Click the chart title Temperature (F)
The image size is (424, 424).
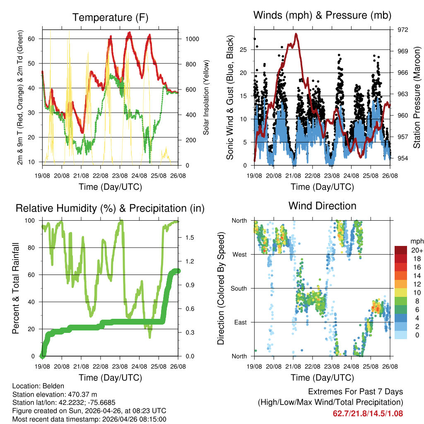tap(110, 18)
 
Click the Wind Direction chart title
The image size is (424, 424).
tap(322, 206)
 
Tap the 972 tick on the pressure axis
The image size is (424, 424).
tap(403, 30)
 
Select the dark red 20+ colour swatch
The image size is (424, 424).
tap(400, 250)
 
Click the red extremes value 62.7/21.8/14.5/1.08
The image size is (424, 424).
tap(368, 413)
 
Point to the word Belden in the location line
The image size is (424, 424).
tap(49, 385)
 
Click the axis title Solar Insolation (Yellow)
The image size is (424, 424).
tap(206, 97)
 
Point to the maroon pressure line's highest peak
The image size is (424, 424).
tap(296, 34)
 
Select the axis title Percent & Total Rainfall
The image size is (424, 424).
tap(16, 289)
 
